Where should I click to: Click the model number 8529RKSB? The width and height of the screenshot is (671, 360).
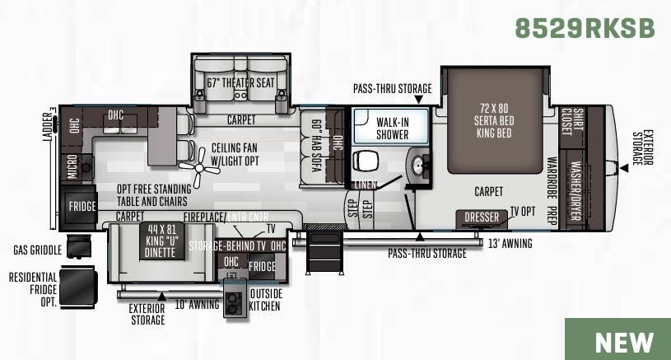click(585, 27)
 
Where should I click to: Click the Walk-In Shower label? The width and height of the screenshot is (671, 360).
click(392, 129)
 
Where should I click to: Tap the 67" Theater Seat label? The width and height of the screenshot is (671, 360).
click(240, 82)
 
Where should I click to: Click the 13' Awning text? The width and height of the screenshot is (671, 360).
click(510, 243)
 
